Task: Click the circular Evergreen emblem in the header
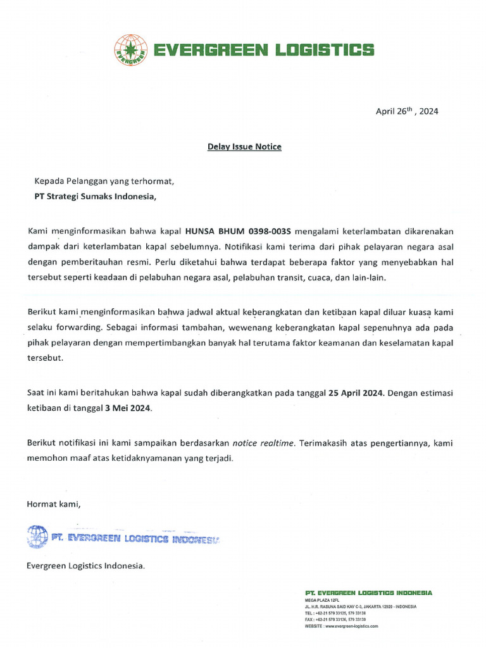(130, 49)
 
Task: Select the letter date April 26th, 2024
(407, 111)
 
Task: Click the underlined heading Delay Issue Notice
(244, 147)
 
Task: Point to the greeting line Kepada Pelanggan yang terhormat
(104, 181)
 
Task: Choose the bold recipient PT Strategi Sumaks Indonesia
(94, 196)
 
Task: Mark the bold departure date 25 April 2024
(356, 392)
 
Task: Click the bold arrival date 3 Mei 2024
(128, 408)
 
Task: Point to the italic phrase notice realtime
(265, 443)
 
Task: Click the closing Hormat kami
(54, 504)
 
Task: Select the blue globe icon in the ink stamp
(37, 537)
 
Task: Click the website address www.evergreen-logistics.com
(351, 625)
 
